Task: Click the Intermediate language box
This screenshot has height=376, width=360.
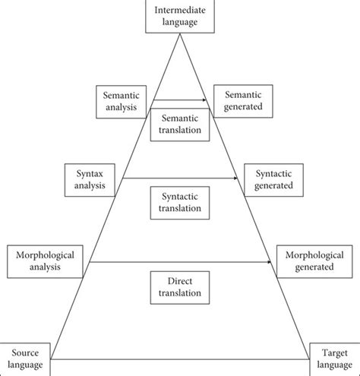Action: [179, 17]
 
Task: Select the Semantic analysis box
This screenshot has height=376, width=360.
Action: [121, 101]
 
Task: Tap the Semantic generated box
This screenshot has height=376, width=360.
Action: [243, 101]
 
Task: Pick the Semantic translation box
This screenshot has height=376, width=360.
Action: [180, 124]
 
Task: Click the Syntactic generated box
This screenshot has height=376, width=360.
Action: [273, 180]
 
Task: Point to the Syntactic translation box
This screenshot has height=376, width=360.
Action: [180, 201]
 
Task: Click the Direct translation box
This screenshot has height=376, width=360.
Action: [180, 286]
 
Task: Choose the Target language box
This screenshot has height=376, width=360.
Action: [333, 359]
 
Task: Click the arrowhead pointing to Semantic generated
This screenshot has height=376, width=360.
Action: [207, 100]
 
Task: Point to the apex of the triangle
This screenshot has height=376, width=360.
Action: [180, 34]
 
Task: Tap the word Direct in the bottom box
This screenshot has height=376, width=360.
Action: [180, 280]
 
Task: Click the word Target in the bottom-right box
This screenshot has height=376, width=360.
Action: [333, 354]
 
